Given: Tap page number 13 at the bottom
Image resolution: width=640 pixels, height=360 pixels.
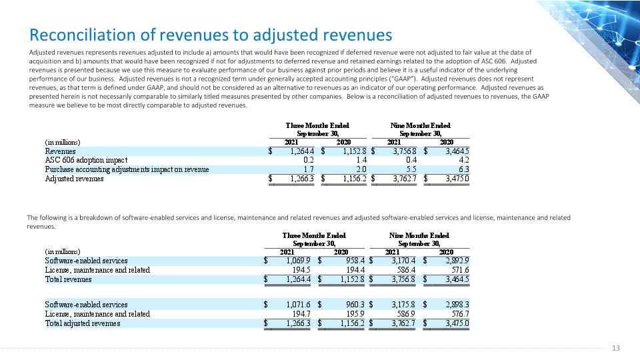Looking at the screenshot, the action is (616, 348).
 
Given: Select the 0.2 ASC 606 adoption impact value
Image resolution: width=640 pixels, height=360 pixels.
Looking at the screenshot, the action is (309, 160).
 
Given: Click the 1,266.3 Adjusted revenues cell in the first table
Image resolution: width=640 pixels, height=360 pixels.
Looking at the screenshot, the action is (302, 179).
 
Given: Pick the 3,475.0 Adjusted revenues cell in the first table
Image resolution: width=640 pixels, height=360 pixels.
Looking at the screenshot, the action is (457, 179).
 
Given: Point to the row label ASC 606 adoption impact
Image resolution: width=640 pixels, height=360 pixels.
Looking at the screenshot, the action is (86, 160).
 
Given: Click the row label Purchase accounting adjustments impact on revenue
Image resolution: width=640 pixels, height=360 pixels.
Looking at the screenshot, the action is (127, 169).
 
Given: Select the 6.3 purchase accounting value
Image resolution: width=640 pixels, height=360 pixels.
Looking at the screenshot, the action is (464, 169).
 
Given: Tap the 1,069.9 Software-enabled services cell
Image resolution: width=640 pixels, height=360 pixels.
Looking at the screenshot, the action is (299, 261).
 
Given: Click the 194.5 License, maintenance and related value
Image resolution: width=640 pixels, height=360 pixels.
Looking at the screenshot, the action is (301, 270).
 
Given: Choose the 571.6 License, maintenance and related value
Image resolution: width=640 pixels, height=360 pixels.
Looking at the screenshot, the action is (461, 270).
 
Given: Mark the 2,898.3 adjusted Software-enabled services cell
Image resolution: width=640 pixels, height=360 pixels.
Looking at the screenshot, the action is (457, 305).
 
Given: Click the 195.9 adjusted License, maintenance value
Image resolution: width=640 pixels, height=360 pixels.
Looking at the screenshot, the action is (355, 314).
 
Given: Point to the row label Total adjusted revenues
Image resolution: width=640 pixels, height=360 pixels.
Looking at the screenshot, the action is (83, 323).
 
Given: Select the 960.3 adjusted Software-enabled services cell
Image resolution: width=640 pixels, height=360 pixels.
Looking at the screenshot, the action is (355, 305).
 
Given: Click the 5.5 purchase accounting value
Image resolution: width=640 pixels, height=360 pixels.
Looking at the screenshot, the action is (411, 169).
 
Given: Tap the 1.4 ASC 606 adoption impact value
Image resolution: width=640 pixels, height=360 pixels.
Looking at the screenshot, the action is (361, 160).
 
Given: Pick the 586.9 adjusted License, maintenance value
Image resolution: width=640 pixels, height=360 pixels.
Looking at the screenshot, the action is (406, 314).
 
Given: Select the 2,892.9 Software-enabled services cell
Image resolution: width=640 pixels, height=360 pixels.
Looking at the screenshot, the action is (457, 261).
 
